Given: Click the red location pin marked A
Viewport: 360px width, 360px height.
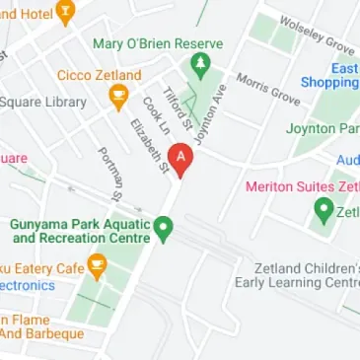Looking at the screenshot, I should tap(180, 159).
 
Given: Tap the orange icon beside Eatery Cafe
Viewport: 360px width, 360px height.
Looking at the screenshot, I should tap(97, 266).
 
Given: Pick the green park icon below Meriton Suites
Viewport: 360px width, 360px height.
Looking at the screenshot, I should tap(323, 209).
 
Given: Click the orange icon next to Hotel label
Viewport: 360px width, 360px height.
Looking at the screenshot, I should tap(65, 12).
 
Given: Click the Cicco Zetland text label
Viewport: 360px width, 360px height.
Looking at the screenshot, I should tap(97, 75).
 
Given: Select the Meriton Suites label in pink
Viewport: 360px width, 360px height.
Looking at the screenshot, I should tap(299, 186).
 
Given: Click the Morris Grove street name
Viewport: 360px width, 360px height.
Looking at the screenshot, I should tap(267, 88).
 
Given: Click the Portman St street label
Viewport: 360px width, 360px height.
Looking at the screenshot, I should tap(109, 174).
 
